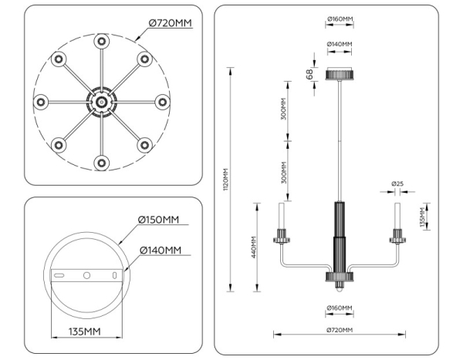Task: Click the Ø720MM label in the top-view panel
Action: (x=168, y=24)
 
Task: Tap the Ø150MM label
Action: (x=158, y=220)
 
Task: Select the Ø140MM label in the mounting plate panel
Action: (x=161, y=251)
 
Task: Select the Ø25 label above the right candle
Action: (x=397, y=183)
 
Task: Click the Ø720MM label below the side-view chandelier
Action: (x=339, y=330)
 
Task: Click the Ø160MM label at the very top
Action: (x=340, y=19)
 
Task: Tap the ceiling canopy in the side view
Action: (x=339, y=74)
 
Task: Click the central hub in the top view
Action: (x=100, y=101)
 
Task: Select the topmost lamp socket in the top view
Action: (x=100, y=41)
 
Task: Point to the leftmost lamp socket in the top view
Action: (x=40, y=101)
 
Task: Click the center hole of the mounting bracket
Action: (x=86, y=275)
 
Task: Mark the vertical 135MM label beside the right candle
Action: (x=422, y=217)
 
